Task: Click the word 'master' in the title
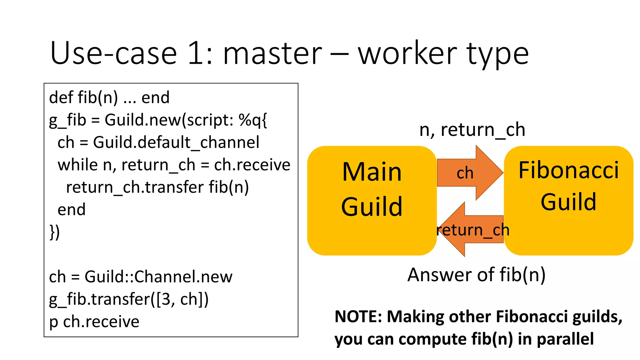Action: pos(272,54)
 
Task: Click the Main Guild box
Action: pos(372,200)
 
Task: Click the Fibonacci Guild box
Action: pos(568,200)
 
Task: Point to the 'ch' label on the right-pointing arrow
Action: pos(465,173)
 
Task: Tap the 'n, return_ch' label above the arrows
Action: pos(472,129)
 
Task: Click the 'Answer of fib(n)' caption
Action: pos(476,275)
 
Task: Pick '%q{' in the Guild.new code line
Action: pos(252,120)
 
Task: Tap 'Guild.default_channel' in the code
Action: pos(176,142)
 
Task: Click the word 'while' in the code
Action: pos(77,165)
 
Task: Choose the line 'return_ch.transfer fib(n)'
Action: pos(157,187)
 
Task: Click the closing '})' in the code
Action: pos(55,232)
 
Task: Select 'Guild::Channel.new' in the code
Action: pos(158,277)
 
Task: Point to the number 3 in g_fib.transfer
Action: pos(166,299)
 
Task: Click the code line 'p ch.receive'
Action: pos(94,322)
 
